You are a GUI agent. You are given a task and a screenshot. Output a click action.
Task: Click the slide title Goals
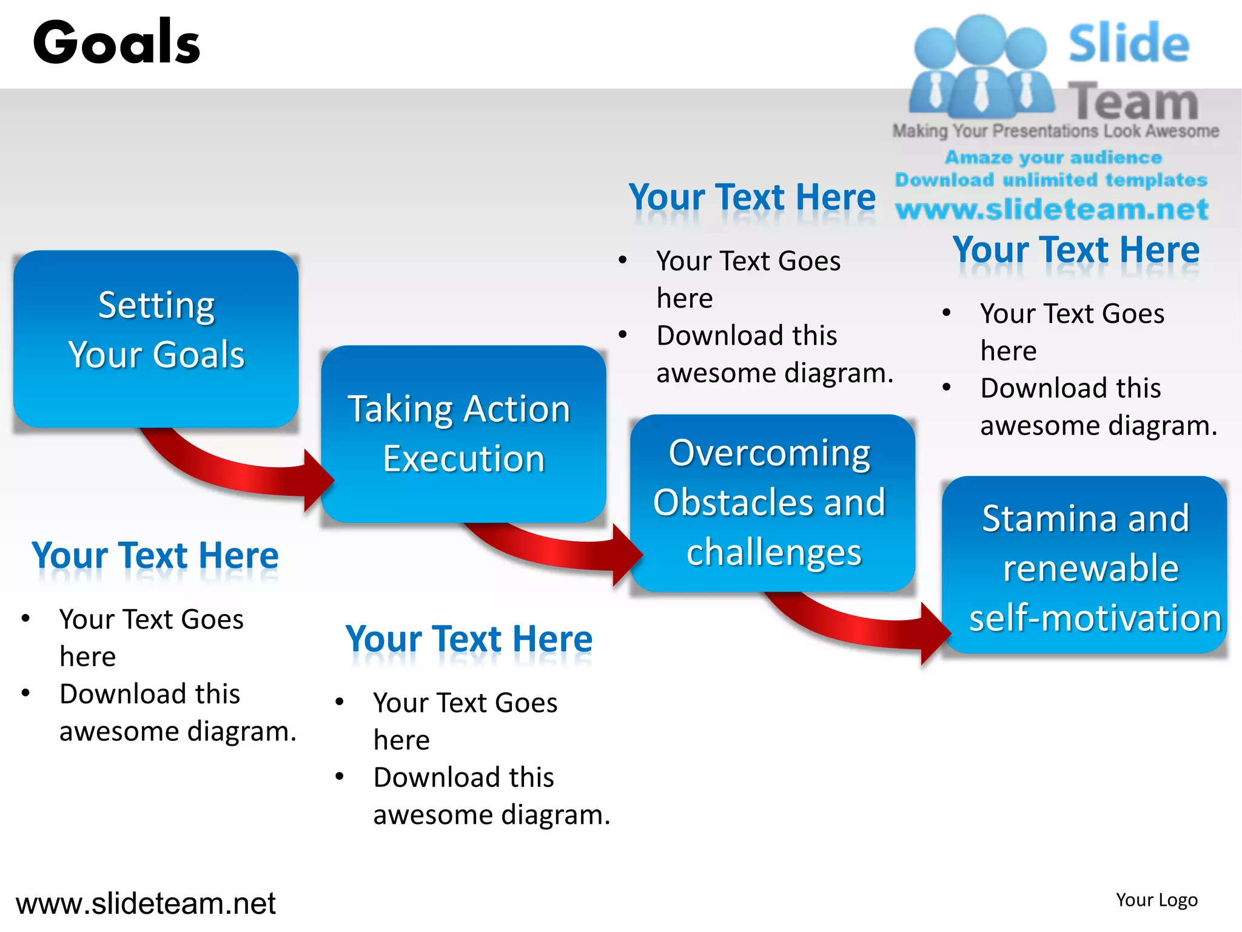click(116, 42)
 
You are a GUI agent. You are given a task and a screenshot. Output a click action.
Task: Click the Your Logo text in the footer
click(1156, 900)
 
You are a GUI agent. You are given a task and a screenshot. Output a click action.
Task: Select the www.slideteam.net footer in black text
click(146, 903)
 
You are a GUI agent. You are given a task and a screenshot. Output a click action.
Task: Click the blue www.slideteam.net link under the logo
click(1052, 209)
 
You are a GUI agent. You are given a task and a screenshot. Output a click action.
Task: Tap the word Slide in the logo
click(1128, 44)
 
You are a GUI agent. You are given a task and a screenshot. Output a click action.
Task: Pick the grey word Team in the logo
click(1133, 101)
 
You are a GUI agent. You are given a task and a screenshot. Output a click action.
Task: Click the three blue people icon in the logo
click(981, 67)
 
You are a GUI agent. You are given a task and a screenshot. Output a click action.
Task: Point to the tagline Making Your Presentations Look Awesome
click(1055, 131)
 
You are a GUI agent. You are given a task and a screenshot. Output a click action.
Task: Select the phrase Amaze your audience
click(1053, 158)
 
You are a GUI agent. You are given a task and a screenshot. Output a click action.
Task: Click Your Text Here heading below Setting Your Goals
click(155, 556)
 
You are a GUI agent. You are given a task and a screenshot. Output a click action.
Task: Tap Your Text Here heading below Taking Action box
click(469, 640)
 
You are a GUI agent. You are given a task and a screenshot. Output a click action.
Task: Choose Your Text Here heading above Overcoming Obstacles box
click(752, 198)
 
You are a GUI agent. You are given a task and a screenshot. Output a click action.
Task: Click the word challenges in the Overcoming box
click(774, 552)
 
